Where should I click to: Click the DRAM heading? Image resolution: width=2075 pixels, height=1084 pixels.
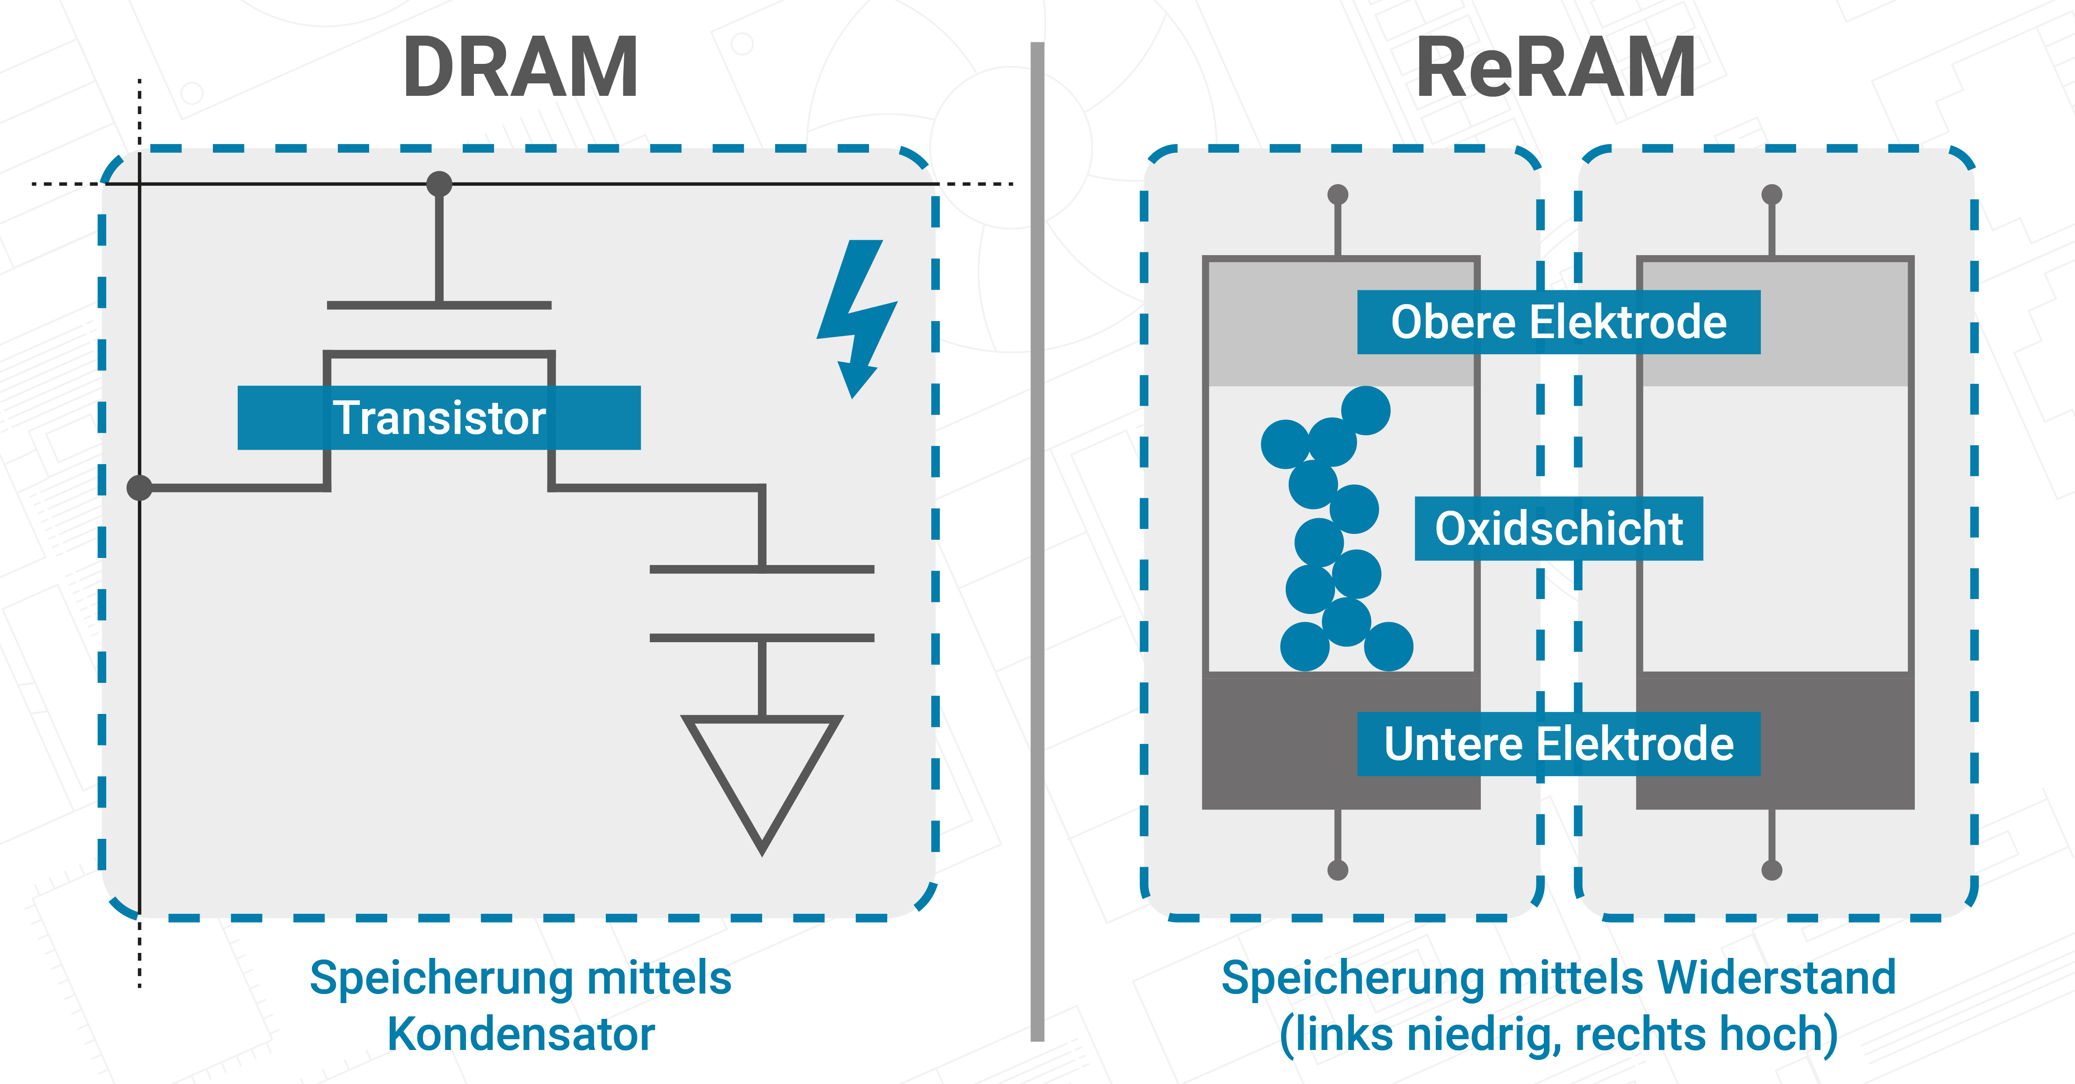(520, 68)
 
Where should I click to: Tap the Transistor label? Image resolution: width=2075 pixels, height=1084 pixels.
(439, 418)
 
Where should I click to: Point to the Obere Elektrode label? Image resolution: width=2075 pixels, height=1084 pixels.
(1559, 322)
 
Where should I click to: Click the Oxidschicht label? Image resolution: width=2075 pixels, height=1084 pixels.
(1559, 528)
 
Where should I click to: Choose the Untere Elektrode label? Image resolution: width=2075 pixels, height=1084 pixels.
(1559, 743)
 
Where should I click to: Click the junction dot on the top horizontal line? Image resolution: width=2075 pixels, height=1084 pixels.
(439, 184)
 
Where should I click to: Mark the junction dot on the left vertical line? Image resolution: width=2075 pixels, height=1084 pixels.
(139, 487)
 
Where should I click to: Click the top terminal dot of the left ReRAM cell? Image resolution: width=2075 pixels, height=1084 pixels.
(1338, 194)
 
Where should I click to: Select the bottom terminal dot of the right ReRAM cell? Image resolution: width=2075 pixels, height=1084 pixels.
(1772, 870)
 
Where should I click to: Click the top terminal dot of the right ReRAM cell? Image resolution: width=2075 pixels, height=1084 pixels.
(1772, 194)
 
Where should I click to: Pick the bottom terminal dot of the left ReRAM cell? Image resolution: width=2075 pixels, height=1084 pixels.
(1338, 870)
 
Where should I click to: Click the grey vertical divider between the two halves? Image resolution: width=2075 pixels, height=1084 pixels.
(1037, 540)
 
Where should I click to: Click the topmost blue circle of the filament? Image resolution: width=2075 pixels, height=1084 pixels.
(1366, 410)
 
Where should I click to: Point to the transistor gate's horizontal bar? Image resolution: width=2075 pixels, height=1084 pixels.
(439, 305)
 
